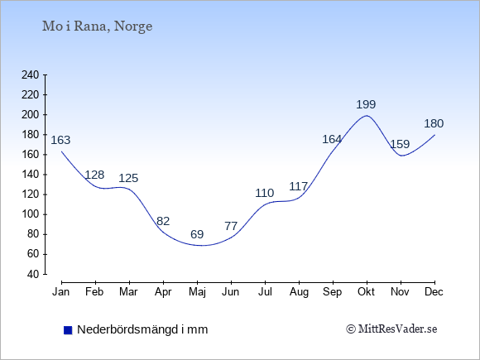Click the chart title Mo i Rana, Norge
[97, 26]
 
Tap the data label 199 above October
[366, 105]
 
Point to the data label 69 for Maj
[197, 234]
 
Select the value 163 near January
[60, 140]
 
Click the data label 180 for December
[434, 123]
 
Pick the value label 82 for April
[163, 221]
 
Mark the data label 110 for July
[265, 193]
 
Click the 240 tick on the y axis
[31, 75]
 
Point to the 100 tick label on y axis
[31, 214]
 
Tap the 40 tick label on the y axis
[33, 274]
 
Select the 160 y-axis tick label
[31, 155]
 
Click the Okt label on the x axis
[366, 292]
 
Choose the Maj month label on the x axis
[197, 292]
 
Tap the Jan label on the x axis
[61, 292]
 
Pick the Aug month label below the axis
[299, 292]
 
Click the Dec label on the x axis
[434, 292]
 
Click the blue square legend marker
[68, 330]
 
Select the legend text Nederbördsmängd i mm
[142, 329]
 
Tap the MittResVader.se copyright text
[391, 329]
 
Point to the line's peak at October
[367, 115]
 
